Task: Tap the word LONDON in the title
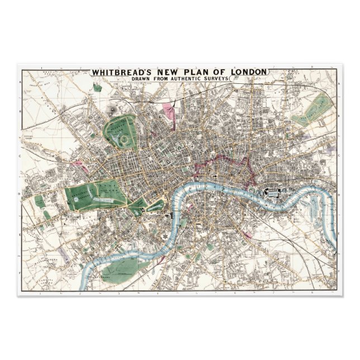[249, 72]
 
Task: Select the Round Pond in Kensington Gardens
[74, 192]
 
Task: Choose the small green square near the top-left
[98, 87]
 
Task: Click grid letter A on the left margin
[21, 83]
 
